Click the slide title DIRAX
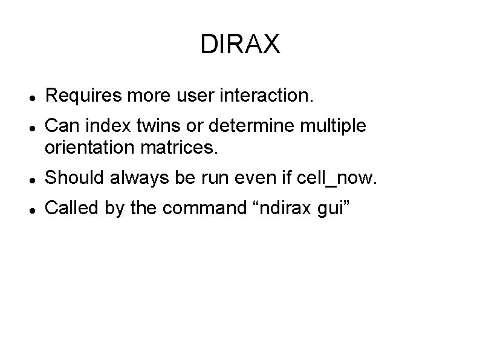240,44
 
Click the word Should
71,177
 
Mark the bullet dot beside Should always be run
31,178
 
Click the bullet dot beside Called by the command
31,209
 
